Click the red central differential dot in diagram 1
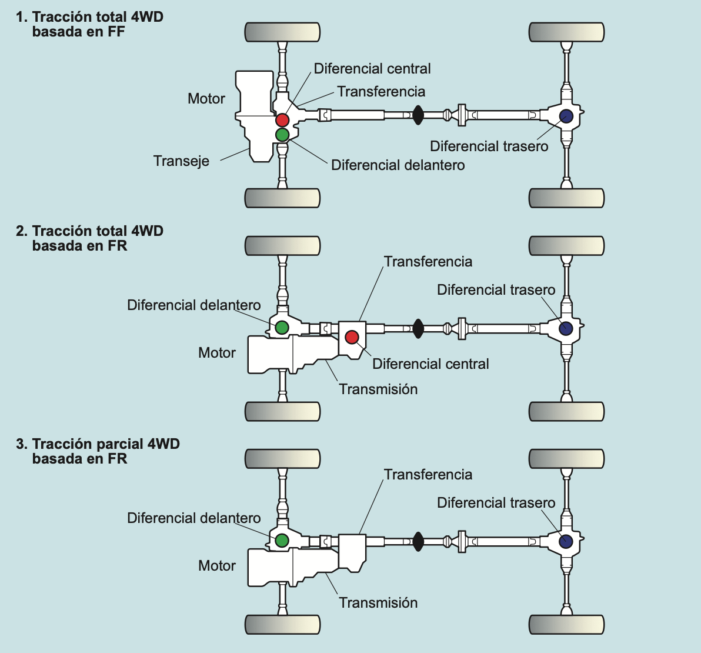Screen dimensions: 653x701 tap(282, 120)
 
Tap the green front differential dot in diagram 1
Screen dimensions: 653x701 tap(282, 135)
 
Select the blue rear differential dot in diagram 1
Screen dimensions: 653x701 tap(566, 116)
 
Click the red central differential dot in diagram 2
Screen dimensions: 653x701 tap(352, 337)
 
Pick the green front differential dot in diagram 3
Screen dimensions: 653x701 tap(282, 540)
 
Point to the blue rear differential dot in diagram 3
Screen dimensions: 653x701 tap(566, 541)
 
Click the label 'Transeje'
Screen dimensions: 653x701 tap(181, 161)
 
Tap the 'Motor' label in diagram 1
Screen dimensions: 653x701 tap(206, 99)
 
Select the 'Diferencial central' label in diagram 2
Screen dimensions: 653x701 tap(430, 364)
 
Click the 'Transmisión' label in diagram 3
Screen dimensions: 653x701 tap(378, 602)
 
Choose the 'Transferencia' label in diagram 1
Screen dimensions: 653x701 tap(381, 92)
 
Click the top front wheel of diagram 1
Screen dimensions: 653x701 tap(282, 32)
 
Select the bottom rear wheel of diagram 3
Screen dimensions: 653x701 tap(566, 624)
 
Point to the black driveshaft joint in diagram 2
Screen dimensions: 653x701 tap(418, 328)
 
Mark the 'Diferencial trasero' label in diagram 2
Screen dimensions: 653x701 tap(496, 290)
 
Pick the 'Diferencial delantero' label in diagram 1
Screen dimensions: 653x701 tap(398, 165)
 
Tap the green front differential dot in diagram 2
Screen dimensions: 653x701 tap(282, 327)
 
